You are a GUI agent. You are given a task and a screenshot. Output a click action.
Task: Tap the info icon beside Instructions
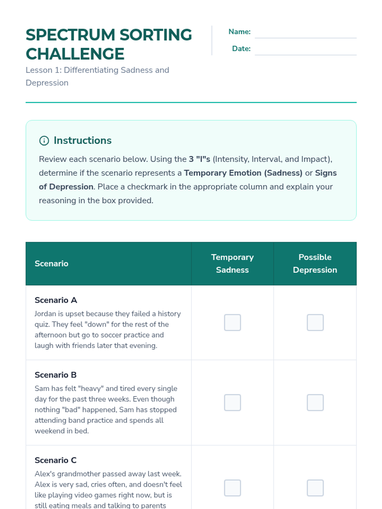pyautogui.click(x=44, y=141)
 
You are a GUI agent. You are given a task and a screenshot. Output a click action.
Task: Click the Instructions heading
pyautogui.click(x=82, y=140)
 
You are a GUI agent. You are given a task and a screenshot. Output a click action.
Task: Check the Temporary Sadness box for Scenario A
pyautogui.click(x=232, y=323)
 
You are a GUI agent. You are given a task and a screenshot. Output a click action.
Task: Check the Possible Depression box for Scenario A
pyautogui.click(x=315, y=323)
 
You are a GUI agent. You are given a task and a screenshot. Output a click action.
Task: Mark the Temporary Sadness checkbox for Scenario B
pyautogui.click(x=232, y=403)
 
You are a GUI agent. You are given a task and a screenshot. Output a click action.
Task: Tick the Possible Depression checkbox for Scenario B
pyautogui.click(x=315, y=403)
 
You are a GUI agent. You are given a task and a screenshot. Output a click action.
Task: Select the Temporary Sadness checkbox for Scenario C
pyautogui.click(x=232, y=488)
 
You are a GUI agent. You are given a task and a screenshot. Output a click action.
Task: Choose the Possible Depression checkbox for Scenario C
pyautogui.click(x=315, y=488)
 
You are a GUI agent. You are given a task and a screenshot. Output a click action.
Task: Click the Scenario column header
pyautogui.click(x=52, y=263)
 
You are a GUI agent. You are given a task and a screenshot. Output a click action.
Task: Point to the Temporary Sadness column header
pyautogui.click(x=232, y=263)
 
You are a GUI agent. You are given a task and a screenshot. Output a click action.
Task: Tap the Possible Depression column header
pyautogui.click(x=315, y=263)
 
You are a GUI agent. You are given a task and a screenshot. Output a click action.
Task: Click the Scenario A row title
pyautogui.click(x=56, y=300)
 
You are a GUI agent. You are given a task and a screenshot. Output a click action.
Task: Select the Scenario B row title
pyautogui.click(x=56, y=375)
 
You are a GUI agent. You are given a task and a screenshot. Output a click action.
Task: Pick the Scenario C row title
pyautogui.click(x=56, y=460)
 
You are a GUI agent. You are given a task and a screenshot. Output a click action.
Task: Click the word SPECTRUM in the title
pyautogui.click(x=70, y=35)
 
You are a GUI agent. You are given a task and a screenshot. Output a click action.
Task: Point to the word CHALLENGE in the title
pyautogui.click(x=75, y=54)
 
